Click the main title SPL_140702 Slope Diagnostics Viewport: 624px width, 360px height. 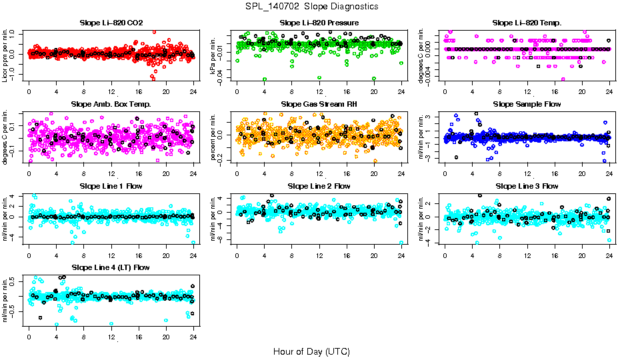[x=311, y=7]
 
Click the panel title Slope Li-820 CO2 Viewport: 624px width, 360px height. [x=111, y=23]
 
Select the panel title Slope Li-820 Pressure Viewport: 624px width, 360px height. [x=319, y=23]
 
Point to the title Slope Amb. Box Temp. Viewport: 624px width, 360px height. [x=111, y=105]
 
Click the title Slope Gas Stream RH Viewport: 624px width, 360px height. [x=319, y=105]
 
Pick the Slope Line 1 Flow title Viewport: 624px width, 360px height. [x=111, y=186]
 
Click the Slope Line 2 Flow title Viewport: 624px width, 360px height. [x=319, y=186]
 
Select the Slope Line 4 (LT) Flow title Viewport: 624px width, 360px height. [x=111, y=267]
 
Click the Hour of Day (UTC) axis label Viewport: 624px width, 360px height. [x=311, y=351]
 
